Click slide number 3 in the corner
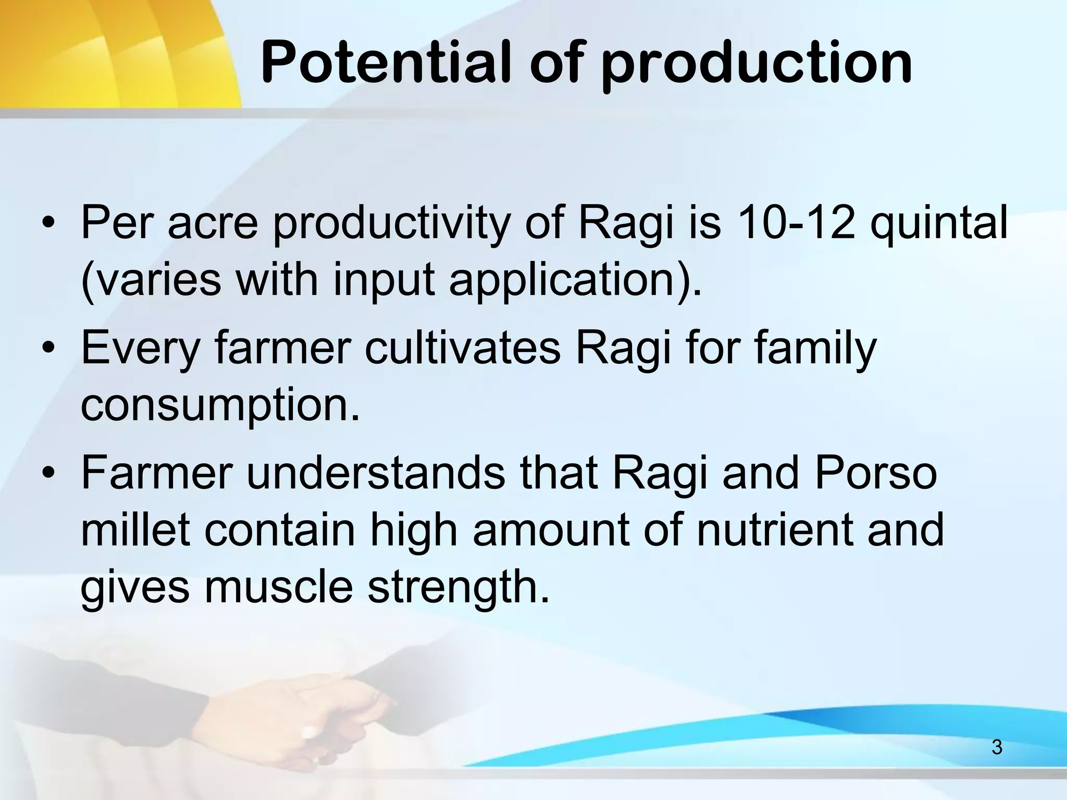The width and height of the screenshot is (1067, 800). (997, 747)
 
